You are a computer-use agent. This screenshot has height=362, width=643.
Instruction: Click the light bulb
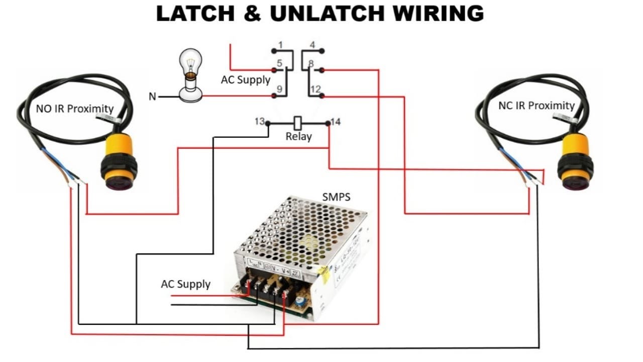[191, 75]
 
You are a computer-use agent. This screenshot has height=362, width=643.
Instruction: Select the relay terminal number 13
[259, 121]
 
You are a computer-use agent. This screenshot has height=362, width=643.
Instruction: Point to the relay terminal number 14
[336, 121]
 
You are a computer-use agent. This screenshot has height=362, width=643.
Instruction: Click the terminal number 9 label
[280, 89]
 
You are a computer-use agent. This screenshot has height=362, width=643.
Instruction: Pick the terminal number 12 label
[315, 89]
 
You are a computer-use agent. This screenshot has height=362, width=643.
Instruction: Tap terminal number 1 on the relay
[280, 45]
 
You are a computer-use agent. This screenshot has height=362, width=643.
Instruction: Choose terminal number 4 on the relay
[312, 45]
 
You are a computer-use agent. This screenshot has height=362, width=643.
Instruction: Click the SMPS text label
[336, 197]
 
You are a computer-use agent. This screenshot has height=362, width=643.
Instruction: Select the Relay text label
[298, 136]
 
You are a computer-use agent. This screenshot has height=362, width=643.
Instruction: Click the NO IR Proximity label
[74, 109]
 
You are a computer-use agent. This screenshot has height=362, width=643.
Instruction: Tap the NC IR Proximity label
[536, 106]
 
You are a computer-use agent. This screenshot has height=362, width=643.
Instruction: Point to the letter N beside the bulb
[152, 96]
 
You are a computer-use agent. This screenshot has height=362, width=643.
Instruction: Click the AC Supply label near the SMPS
[185, 284]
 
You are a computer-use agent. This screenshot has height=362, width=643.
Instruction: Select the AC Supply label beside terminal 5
[246, 79]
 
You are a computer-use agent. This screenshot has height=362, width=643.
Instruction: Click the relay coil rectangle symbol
[298, 122]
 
